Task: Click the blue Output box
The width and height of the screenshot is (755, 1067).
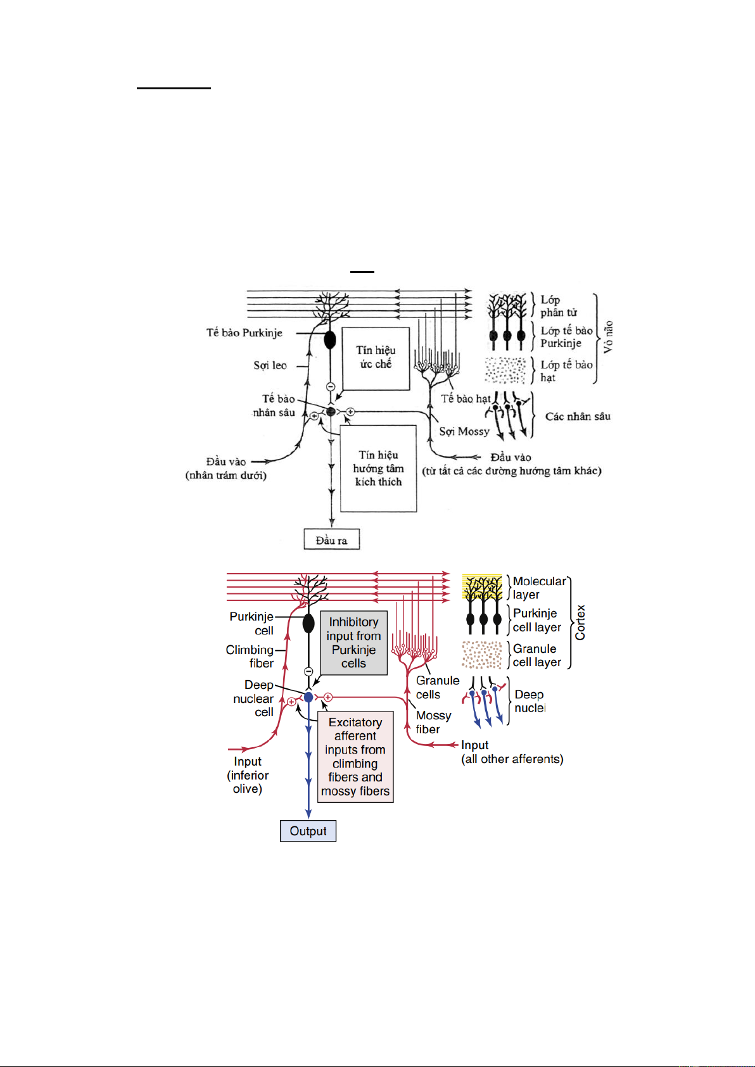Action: [308, 831]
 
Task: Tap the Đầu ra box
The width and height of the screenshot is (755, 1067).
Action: [331, 540]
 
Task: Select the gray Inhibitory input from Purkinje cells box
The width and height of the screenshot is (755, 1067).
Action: [353, 643]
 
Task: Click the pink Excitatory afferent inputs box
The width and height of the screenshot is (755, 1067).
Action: [355, 757]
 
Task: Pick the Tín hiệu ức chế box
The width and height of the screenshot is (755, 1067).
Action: [376, 358]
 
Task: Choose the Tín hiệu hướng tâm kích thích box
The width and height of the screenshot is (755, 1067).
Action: [378, 468]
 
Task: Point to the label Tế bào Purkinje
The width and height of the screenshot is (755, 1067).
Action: [244, 332]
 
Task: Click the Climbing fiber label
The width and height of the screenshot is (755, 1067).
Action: [250, 657]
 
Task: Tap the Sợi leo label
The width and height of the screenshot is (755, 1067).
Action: [270, 365]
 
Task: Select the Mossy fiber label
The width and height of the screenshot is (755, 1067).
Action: [433, 722]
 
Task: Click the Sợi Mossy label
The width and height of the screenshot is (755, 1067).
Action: [464, 431]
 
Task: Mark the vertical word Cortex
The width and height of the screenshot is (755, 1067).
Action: [580, 622]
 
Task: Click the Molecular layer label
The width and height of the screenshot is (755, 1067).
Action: [539, 588]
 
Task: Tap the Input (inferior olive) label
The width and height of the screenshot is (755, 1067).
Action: [248, 775]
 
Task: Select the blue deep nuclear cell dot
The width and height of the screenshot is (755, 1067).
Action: [308, 697]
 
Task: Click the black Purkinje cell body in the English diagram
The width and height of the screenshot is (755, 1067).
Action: [308, 624]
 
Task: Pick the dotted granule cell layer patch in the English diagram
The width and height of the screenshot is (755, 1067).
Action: [482, 655]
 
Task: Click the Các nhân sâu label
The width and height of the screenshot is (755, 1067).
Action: [578, 416]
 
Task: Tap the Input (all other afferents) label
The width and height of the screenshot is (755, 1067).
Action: [512, 752]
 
